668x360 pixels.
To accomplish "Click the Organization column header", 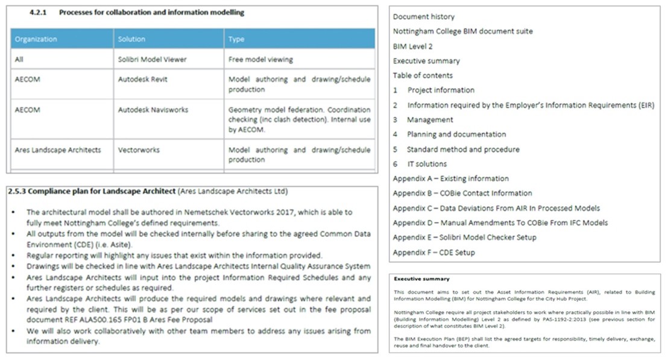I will point(36,39).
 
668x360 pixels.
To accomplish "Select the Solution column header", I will point(131,39).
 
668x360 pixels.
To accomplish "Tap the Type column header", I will point(236,39).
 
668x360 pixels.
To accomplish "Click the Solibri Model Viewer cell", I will point(152,60).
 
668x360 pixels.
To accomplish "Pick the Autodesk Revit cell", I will point(142,80).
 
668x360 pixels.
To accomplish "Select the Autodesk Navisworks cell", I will point(153,110).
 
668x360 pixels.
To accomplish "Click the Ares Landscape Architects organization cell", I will point(58,150).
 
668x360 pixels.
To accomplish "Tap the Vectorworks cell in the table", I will point(139,150).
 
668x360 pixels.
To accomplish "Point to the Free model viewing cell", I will point(260,60).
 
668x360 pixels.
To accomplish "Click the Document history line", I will point(423,17).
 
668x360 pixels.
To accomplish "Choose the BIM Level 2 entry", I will point(412,46).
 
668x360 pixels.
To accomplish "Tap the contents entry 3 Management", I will point(423,120).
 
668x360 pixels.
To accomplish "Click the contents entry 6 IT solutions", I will point(420,164).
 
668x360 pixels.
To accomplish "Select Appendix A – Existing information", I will point(450,178).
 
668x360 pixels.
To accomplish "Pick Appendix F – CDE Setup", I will point(433,253).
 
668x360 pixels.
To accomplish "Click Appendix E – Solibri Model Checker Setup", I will point(464,238).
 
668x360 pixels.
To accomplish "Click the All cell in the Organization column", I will point(19,60).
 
